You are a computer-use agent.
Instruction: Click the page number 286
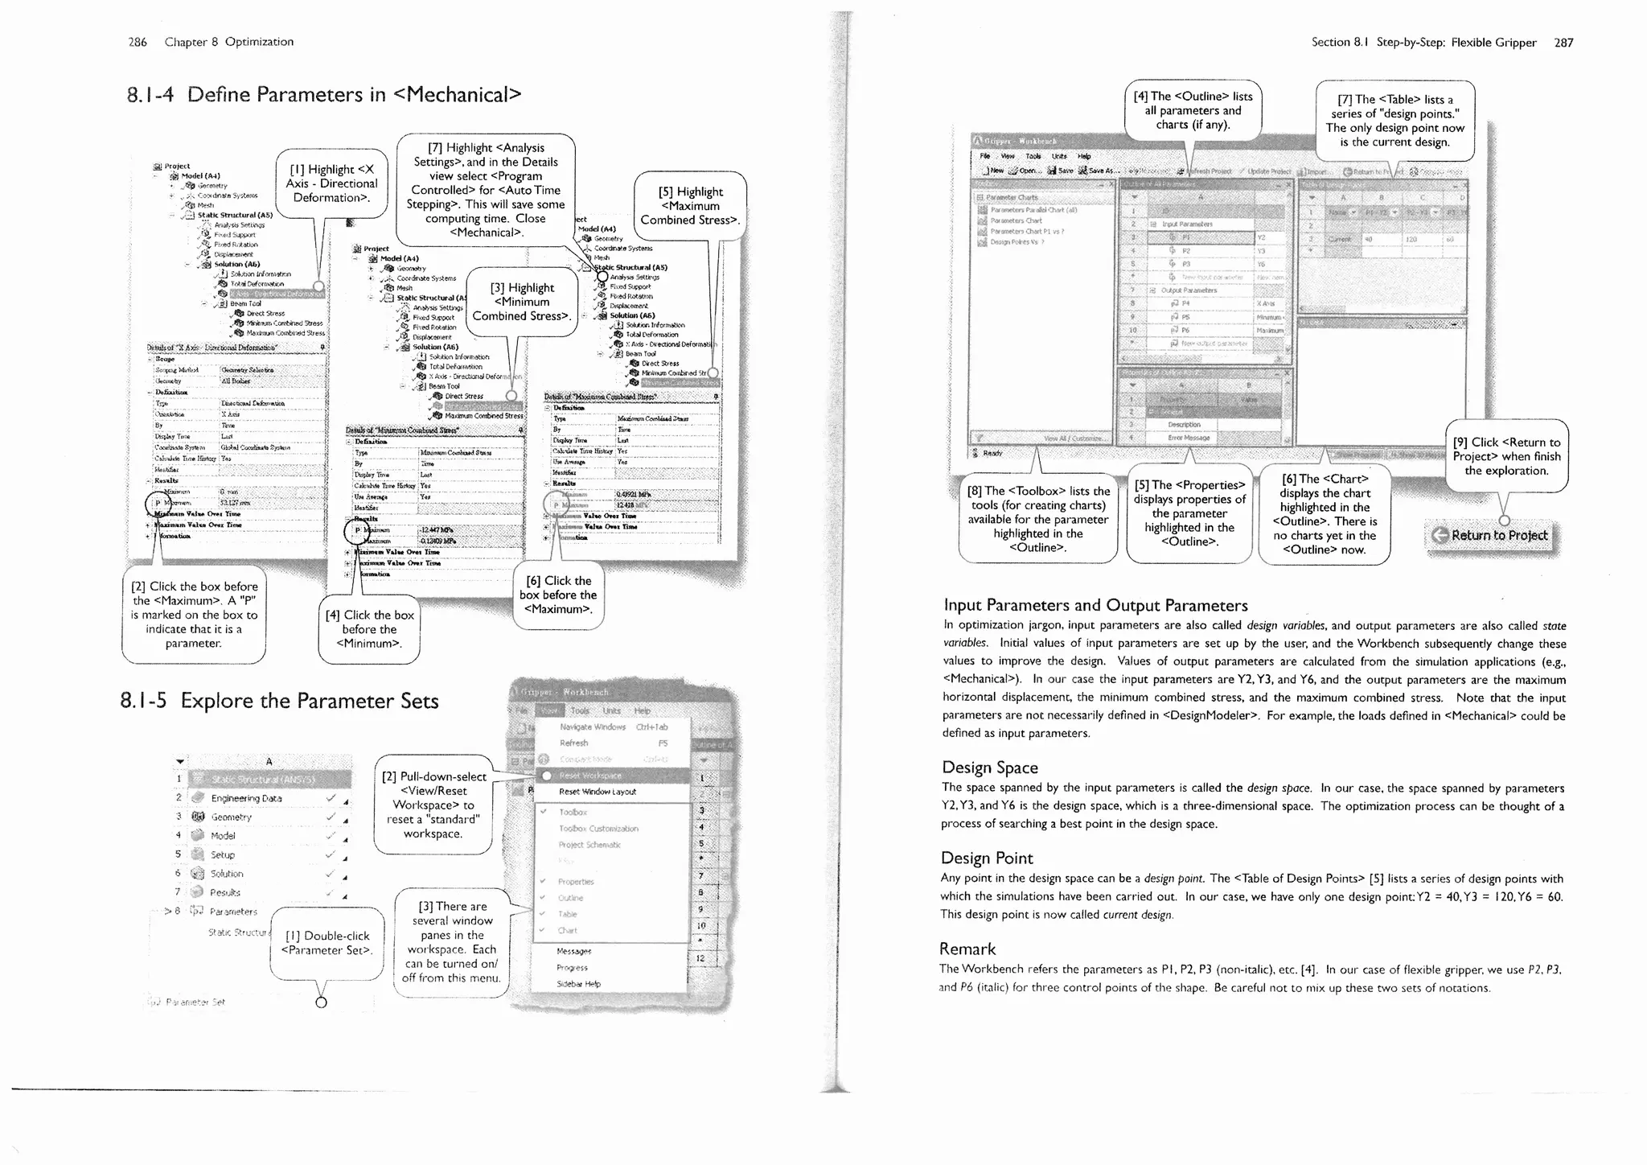click(138, 42)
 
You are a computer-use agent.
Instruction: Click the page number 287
click(1563, 43)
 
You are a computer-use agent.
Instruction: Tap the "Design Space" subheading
click(989, 768)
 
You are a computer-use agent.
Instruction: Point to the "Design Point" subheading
click(987, 858)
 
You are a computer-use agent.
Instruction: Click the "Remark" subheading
click(967, 949)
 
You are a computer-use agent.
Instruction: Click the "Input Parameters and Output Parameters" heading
click(1095, 605)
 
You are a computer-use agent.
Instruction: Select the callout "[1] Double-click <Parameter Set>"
click(327, 943)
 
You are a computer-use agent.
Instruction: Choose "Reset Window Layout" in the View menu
click(597, 792)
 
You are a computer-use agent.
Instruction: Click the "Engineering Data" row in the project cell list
click(246, 798)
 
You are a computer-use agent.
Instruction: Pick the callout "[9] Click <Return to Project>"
click(1506, 456)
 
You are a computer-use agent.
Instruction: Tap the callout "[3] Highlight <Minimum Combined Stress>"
click(522, 302)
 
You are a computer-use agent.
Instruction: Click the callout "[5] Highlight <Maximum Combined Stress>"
click(690, 206)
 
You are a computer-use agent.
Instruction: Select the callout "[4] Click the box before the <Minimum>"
click(369, 629)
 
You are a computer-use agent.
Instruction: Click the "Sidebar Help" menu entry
click(578, 984)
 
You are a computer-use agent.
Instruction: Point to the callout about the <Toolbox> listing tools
click(1037, 519)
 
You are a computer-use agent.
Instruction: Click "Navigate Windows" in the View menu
click(592, 727)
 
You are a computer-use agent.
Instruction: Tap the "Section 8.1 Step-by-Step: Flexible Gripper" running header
click(1423, 43)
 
